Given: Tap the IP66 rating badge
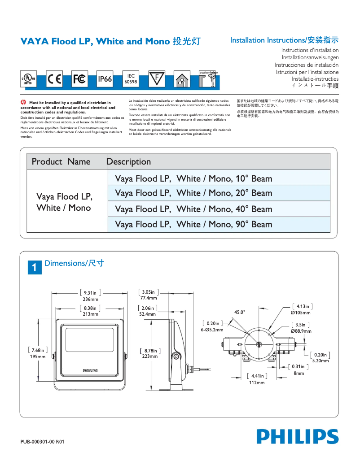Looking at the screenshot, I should (x=105, y=79).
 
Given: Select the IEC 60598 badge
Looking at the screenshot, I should (x=131, y=79).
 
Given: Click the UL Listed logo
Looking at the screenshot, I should (x=28, y=79).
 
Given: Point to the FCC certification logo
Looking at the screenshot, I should (x=79, y=79).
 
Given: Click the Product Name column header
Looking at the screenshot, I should (x=61, y=161).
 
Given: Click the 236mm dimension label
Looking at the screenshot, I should (x=90, y=299).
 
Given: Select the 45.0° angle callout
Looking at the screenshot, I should (x=240, y=312).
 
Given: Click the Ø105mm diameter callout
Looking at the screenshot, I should (x=300, y=313).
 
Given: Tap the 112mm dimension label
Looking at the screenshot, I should (x=257, y=383).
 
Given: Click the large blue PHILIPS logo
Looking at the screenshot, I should (x=298, y=436).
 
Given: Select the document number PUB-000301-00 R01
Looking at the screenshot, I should (x=43, y=442).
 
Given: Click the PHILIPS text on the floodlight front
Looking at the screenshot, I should (x=90, y=370).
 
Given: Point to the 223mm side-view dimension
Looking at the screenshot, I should (x=150, y=356).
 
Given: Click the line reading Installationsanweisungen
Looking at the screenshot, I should (x=310, y=57).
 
